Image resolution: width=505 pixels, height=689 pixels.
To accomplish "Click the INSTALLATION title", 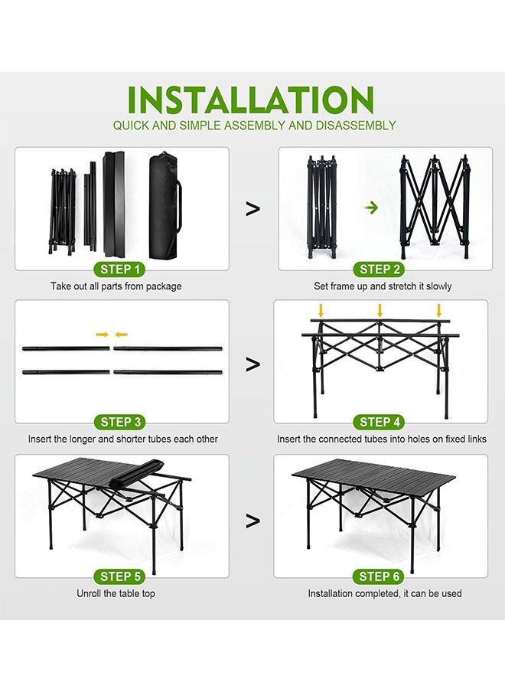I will pos(251,100).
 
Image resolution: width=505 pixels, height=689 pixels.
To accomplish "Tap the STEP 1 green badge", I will pos(121,269).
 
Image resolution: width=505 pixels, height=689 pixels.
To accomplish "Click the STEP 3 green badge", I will pos(121,422).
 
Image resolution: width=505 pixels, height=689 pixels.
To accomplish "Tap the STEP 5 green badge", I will pos(121,576).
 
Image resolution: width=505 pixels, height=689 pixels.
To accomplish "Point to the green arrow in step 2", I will pos(371,207).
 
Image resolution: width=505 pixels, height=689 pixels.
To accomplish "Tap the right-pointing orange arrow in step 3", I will pos(102,335).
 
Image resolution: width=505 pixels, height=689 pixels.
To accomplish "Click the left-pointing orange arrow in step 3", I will pos(121,335).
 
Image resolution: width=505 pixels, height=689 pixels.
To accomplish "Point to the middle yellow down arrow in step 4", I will pos(380,310).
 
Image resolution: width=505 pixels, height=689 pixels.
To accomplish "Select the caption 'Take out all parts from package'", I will pos(116,286).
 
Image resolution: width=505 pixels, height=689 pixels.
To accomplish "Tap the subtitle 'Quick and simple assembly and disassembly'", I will pos(254,125).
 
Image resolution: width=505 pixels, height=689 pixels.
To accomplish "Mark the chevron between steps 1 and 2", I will pos(252,209).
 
